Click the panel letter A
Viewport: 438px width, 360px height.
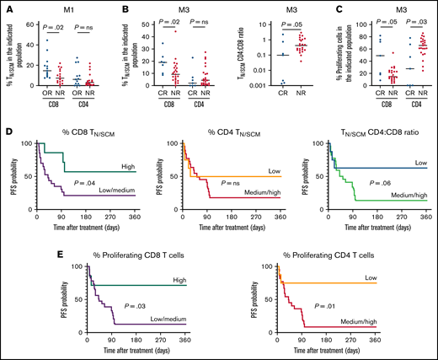(7, 7)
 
